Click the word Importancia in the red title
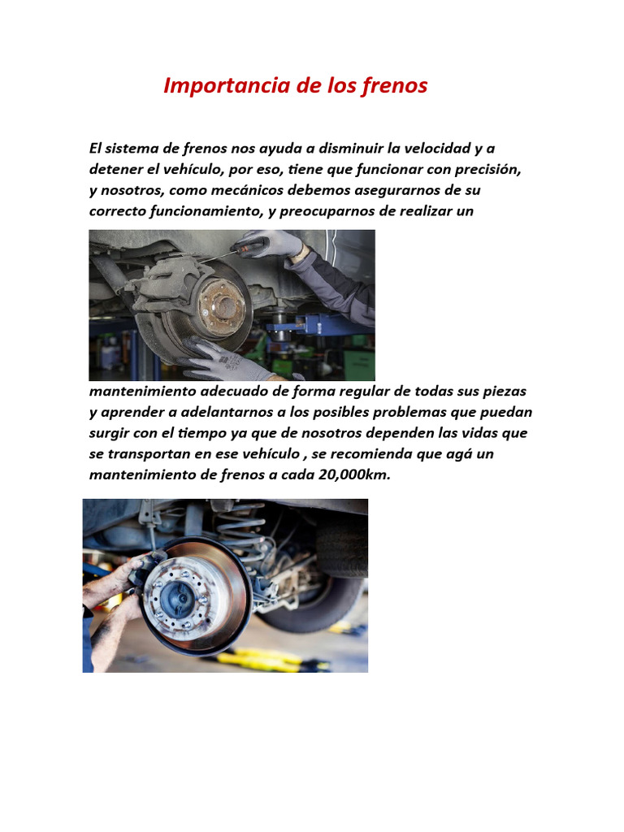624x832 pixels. [x=227, y=86]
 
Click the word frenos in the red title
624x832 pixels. [x=394, y=86]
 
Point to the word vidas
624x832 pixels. [x=479, y=433]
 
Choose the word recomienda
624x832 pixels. [x=370, y=454]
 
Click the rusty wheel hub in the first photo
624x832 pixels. [x=223, y=306]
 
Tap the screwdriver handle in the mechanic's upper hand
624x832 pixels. [x=245, y=247]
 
